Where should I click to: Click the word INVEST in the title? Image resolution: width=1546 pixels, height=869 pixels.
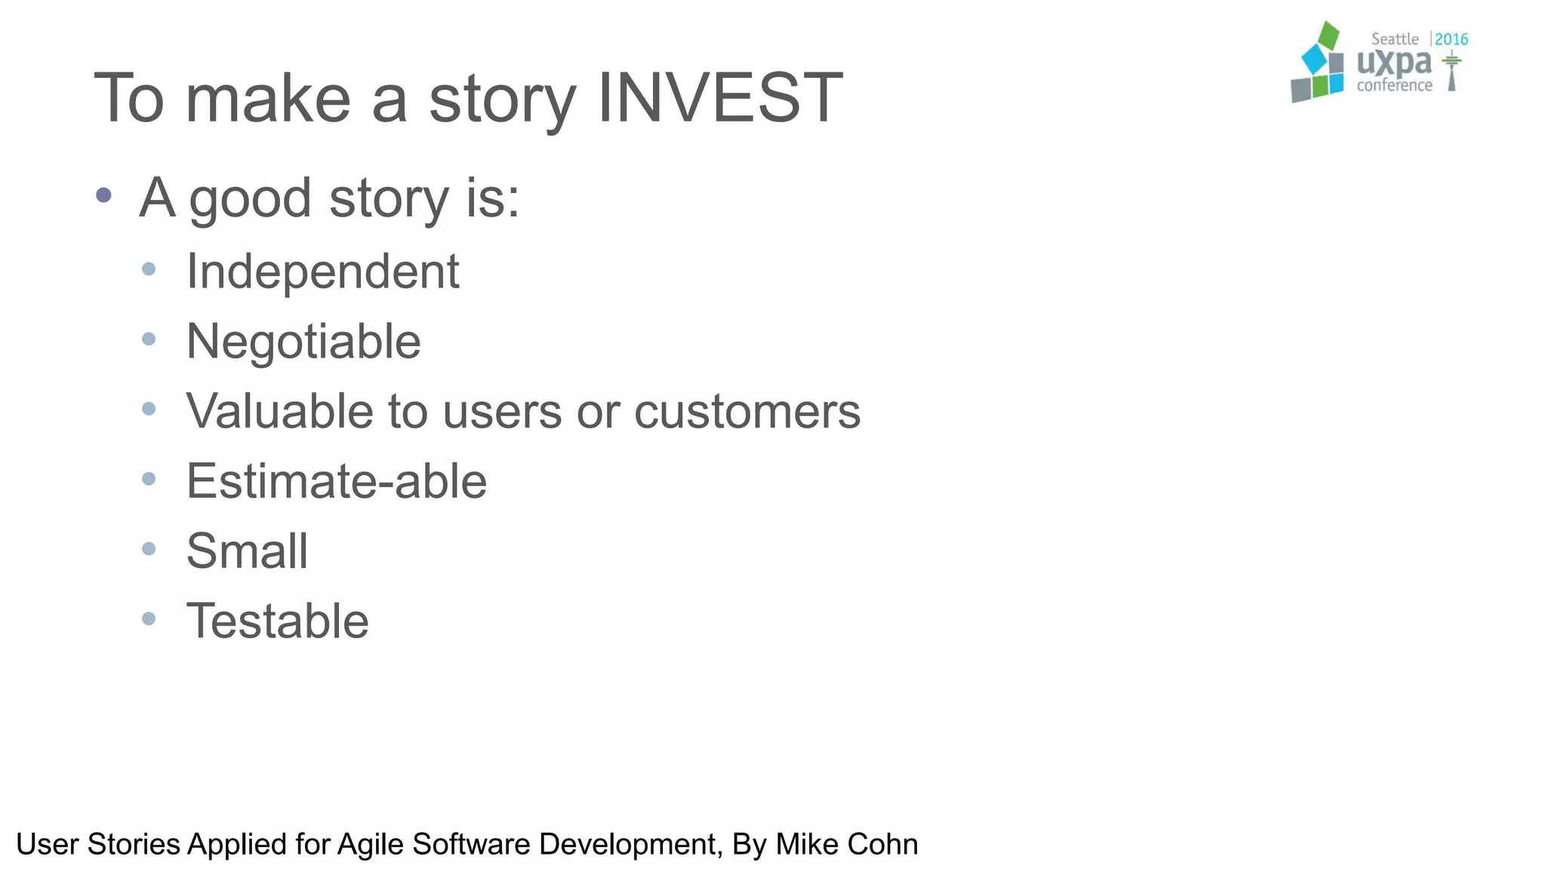click(719, 98)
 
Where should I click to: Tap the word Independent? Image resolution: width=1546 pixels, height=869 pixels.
click(322, 271)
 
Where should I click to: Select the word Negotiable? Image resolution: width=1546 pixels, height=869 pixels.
click(303, 341)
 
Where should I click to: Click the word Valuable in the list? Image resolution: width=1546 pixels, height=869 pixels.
click(280, 411)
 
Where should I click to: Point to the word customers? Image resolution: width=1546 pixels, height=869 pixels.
click(747, 413)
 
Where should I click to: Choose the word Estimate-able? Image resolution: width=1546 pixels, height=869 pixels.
click(336, 481)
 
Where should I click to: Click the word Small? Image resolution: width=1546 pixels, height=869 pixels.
click(247, 551)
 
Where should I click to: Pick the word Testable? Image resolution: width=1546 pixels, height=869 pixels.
click(277, 621)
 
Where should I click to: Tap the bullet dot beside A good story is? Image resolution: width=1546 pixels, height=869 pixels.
click(104, 195)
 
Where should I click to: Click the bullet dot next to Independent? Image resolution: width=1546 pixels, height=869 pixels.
click(149, 269)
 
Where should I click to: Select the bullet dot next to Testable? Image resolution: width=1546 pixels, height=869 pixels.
click(149, 619)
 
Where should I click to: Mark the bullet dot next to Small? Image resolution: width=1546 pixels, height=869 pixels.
click(149, 548)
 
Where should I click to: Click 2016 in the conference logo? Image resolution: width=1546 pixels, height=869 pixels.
click(1451, 39)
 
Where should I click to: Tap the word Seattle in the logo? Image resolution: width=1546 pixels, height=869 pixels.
click(1394, 39)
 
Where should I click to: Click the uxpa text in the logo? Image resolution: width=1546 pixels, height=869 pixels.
click(1394, 63)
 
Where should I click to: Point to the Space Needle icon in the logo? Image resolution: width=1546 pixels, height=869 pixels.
click(1451, 72)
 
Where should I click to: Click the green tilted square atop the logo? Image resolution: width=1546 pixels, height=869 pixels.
click(1328, 35)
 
